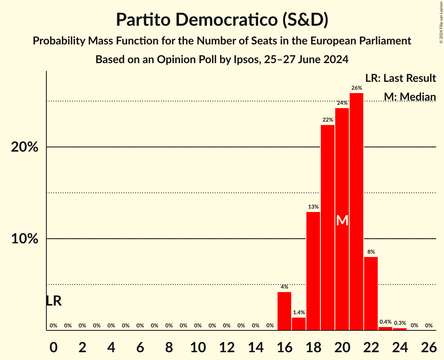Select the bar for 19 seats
(327, 228)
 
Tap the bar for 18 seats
(313, 271)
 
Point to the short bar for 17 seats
(299, 324)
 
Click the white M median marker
(342, 221)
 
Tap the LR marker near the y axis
(53, 301)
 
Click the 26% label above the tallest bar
(356, 88)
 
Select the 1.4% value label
(299, 312)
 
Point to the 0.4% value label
(385, 322)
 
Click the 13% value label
(313, 207)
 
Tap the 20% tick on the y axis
(25, 147)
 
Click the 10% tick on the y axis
(25, 239)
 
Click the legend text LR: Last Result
(400, 78)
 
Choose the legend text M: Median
(409, 97)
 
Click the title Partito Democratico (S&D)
(222, 20)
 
